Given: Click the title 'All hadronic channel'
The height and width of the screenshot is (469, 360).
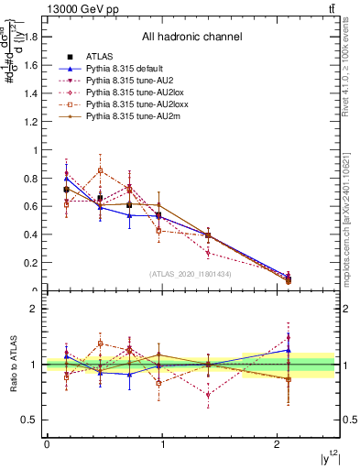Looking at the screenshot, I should [x=191, y=37].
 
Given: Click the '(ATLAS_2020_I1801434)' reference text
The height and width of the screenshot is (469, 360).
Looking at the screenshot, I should [x=191, y=273].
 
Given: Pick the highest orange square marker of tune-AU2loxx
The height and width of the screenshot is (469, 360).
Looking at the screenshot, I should [x=101, y=170].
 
